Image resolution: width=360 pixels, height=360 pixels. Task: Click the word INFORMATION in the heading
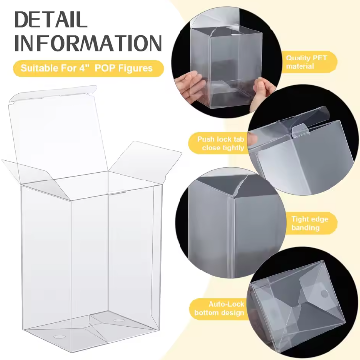coord(88,43)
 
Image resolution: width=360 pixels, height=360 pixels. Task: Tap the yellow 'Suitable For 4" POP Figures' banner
coord(89,68)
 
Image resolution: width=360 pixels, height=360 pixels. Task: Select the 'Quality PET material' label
coord(306,62)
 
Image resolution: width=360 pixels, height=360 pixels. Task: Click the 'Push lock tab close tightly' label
coord(221,144)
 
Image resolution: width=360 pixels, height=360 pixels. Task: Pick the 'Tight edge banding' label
coord(309,223)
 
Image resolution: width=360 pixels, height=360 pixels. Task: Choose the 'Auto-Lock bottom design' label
coord(219,308)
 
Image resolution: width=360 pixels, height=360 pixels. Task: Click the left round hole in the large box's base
coord(58,338)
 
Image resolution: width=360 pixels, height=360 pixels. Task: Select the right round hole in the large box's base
coord(118,321)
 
